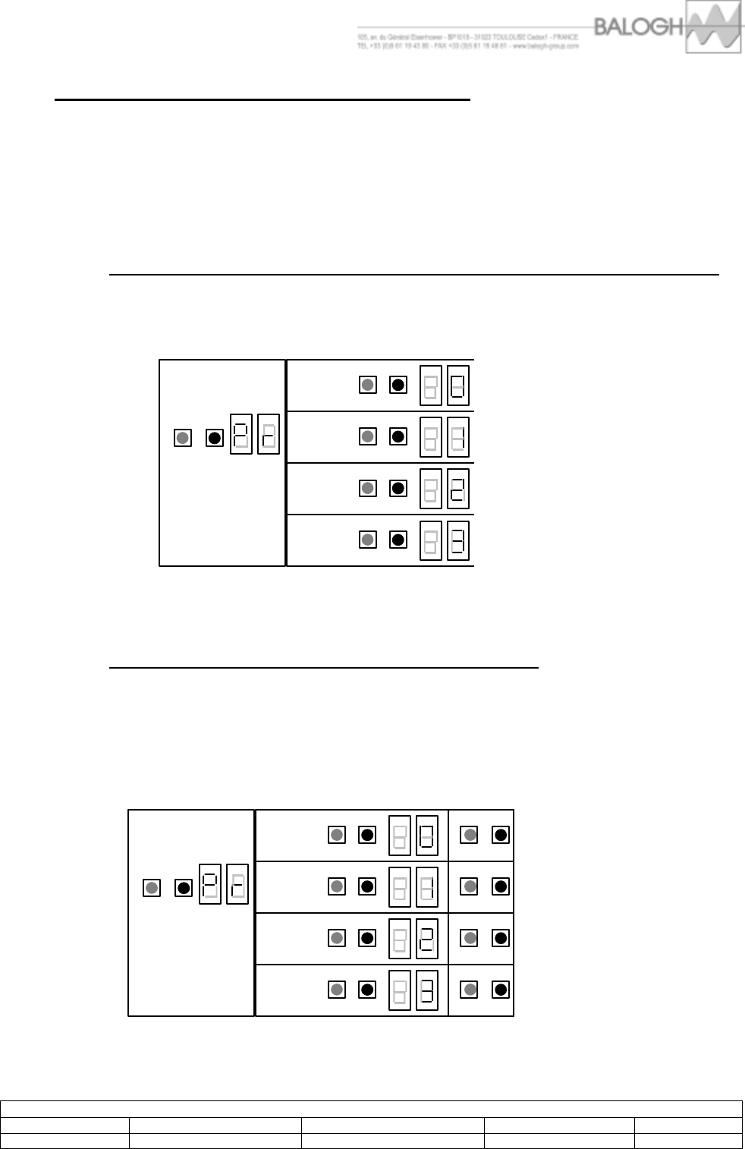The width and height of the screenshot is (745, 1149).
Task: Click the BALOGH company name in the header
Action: (x=639, y=27)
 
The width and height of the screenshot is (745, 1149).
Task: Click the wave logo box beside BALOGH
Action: (x=713, y=27)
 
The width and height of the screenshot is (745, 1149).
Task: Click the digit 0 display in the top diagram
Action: (x=458, y=385)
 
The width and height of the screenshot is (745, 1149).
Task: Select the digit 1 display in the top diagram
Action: (x=458, y=436)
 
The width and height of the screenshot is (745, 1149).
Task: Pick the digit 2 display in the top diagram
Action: (x=458, y=488)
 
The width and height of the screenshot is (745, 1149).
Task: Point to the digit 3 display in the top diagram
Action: (x=458, y=540)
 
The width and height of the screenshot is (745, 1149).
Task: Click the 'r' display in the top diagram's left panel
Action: (x=269, y=434)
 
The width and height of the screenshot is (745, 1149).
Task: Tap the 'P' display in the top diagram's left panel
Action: (x=241, y=434)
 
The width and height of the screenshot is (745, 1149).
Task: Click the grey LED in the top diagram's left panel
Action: (x=183, y=438)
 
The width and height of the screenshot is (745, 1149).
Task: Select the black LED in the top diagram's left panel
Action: (x=215, y=438)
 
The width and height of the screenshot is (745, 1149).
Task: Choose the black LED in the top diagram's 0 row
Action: (x=398, y=385)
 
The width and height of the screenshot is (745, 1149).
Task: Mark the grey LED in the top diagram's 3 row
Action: (x=368, y=540)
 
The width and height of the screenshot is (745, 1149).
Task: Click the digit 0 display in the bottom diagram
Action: (x=427, y=835)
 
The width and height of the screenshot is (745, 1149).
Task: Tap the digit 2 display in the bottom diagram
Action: (x=427, y=938)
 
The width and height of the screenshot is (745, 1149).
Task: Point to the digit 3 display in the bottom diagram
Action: (x=427, y=990)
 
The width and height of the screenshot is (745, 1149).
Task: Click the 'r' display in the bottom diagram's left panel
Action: (x=237, y=884)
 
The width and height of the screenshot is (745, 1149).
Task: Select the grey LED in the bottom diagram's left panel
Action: (x=152, y=887)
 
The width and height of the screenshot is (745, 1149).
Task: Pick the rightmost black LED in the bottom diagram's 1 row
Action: (x=501, y=886)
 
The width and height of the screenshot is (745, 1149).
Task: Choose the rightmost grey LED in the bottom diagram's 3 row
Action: (x=470, y=990)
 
